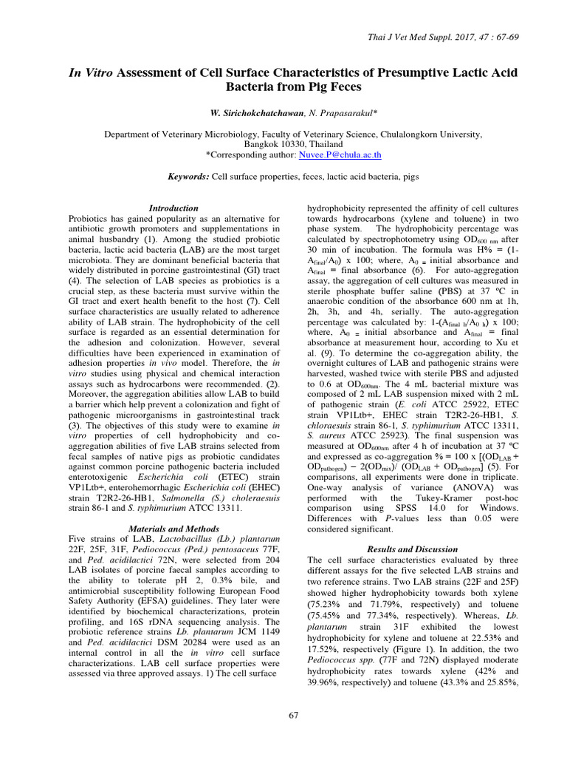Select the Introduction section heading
coord(173,208)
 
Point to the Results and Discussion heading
coord(412,549)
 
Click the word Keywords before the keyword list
coord(189,178)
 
